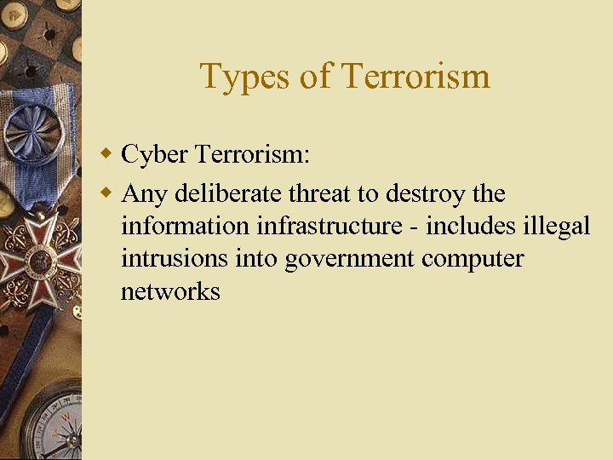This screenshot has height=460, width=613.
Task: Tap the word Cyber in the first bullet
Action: pyautogui.click(x=154, y=154)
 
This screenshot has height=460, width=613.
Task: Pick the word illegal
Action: pyautogui.click(x=557, y=226)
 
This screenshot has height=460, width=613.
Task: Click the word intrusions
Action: pyautogui.click(x=175, y=258)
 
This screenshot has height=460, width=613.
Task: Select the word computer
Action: pyautogui.click(x=473, y=259)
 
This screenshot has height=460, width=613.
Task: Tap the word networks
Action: pyautogui.click(x=170, y=291)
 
